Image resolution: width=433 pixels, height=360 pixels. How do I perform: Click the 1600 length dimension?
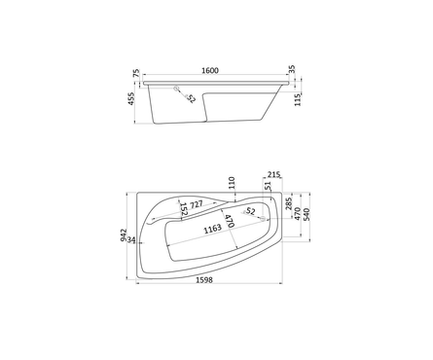tap(210, 70)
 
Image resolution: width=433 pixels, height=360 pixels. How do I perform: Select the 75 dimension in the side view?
tap(136, 73)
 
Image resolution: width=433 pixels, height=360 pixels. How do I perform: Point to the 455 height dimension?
tap(131, 98)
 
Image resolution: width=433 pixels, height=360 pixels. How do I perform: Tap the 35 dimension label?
tap(292, 69)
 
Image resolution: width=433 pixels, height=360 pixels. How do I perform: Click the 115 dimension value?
tap(298, 99)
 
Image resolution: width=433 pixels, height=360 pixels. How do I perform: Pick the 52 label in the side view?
tap(191, 98)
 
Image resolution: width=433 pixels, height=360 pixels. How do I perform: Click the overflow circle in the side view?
tap(177, 89)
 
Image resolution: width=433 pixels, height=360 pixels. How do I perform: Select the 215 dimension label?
tap(274, 174)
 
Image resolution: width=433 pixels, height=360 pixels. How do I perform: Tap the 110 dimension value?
tap(232, 183)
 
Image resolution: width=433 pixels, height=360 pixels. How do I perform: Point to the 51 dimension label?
tap(268, 186)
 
